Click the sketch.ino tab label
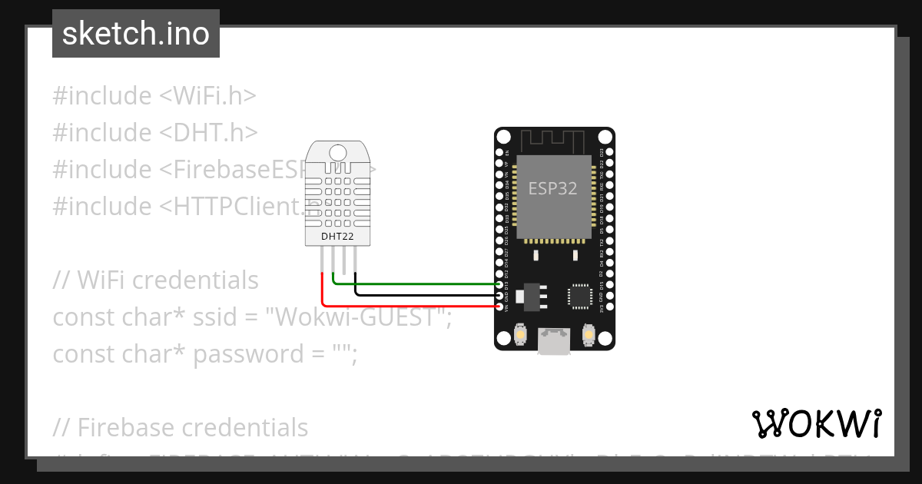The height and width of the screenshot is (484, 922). click(x=136, y=34)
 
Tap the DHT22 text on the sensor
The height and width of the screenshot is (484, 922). click(x=337, y=237)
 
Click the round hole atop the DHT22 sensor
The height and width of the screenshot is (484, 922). click(x=338, y=152)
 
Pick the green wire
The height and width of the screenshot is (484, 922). click(x=415, y=283)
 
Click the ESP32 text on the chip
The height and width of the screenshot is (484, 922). click(x=552, y=188)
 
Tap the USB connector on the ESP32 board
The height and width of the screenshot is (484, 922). click(x=554, y=341)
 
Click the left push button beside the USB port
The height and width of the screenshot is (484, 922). click(x=521, y=336)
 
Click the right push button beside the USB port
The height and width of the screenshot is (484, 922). click(x=588, y=336)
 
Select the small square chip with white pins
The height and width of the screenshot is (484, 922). click(x=579, y=296)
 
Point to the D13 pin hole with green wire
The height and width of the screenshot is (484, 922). click(x=502, y=284)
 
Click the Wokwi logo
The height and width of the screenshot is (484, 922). click(x=816, y=423)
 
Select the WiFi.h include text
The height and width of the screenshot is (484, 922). click(x=207, y=96)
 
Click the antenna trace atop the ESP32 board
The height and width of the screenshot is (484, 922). click(x=553, y=141)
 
